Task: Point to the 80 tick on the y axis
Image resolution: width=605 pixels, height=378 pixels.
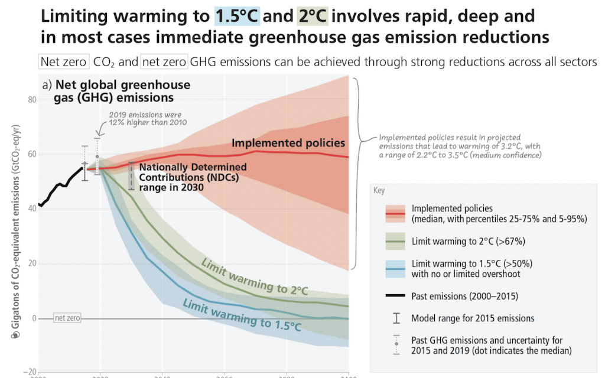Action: coord(30,99)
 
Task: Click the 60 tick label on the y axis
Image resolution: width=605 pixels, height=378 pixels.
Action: coord(30,154)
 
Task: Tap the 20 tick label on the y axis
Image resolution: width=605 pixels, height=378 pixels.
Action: coord(30,264)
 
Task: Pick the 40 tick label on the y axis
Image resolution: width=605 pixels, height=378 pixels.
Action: coord(30,209)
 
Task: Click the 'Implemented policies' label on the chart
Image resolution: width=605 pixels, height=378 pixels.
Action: coord(288,143)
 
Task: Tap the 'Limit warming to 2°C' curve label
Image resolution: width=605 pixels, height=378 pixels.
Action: coord(255,275)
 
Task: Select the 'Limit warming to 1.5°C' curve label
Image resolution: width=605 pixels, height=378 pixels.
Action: coord(242,314)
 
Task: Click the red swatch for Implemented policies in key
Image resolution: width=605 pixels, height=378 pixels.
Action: coord(395,213)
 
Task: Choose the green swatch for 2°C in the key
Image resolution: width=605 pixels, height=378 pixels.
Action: coord(395,241)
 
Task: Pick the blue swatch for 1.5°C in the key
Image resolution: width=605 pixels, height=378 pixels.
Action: coord(395,268)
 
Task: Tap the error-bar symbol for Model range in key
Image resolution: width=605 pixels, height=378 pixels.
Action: coord(396,318)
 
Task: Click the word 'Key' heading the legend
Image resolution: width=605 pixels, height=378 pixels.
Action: coord(379,191)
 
